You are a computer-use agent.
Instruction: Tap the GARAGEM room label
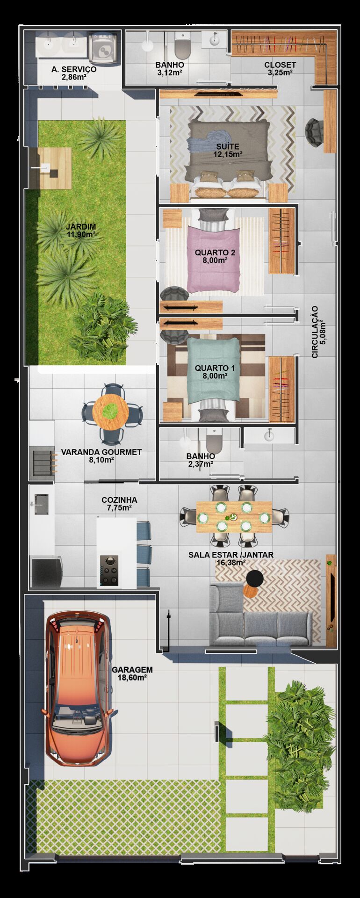pos(132,670)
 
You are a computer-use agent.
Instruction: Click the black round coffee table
pos(255,579)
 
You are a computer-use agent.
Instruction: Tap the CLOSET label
pos(280,65)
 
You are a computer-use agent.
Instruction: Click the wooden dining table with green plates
pos(234,517)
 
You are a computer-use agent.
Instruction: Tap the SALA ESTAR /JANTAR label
pos(231,555)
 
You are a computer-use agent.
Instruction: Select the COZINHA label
pos(119,500)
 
